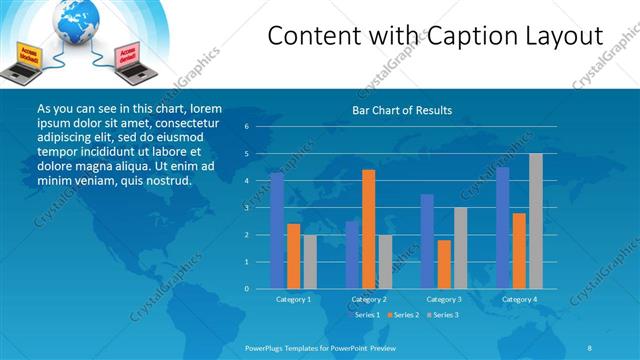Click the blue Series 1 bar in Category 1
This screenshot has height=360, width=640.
pos(277,231)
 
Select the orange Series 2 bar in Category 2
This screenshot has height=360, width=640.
pos(368,229)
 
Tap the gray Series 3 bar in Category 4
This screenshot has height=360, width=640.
pos(536,221)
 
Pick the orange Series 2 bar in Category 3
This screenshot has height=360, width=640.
pos(444,264)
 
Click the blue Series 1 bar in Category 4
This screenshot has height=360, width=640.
pos(503,228)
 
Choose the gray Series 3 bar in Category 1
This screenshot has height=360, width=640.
pos(310,262)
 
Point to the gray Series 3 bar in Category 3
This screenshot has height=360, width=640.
pos(460,248)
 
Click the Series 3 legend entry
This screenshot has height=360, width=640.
pos(443,315)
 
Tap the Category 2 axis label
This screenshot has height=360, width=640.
pos(369,299)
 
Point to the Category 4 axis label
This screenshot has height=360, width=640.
pos(519,299)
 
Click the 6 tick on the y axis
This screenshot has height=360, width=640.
pos(246,127)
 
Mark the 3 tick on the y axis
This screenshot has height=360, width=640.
pos(246,208)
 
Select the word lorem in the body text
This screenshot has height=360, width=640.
pos(205,108)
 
